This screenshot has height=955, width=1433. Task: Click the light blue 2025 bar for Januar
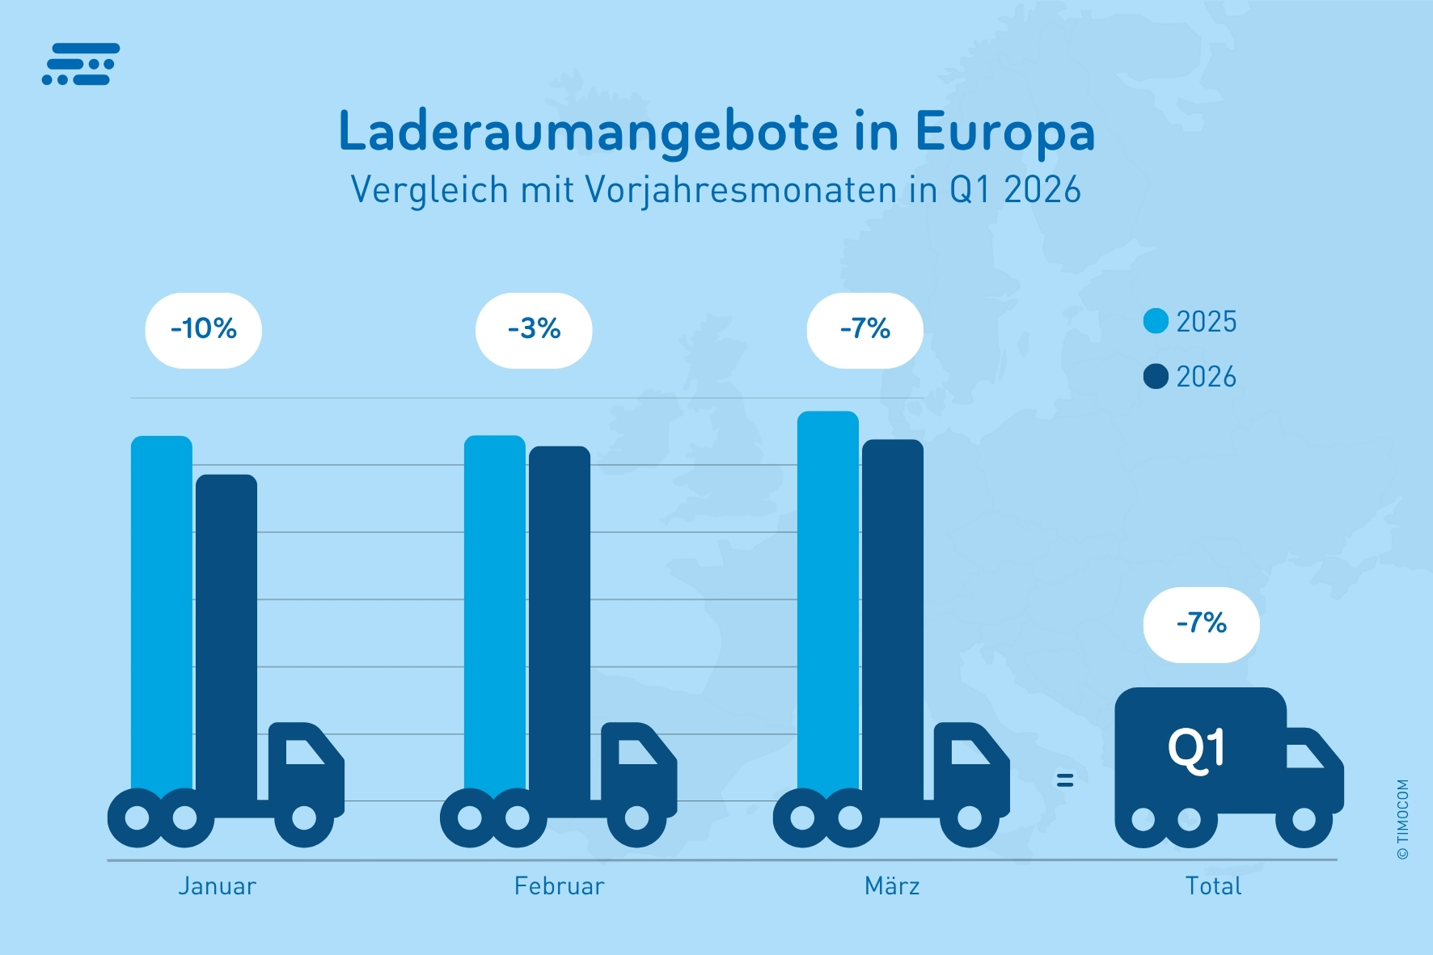[162, 606]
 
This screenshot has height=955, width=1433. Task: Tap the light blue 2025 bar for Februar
[495, 606]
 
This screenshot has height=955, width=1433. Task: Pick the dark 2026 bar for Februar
[560, 615]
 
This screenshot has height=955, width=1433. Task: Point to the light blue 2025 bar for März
[828, 598]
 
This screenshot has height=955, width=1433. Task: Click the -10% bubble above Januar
[204, 330]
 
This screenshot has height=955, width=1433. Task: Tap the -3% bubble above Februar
[534, 330]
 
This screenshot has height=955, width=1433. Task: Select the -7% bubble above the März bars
[865, 330]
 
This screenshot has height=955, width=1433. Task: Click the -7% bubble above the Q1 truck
[1202, 624]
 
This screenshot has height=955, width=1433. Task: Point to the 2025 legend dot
[1156, 321]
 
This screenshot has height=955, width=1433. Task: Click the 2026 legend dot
[1156, 376]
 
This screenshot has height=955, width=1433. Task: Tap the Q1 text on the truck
[1197, 750]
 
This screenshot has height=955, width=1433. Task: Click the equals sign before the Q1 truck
[1065, 780]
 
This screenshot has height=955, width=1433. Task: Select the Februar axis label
[559, 886]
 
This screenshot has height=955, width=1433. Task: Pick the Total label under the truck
[1213, 886]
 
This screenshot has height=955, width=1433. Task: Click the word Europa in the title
[1004, 132]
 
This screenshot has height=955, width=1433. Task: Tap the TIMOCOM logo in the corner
[81, 64]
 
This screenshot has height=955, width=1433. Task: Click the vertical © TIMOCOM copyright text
[1403, 818]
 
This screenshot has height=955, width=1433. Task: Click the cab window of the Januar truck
[303, 752]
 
